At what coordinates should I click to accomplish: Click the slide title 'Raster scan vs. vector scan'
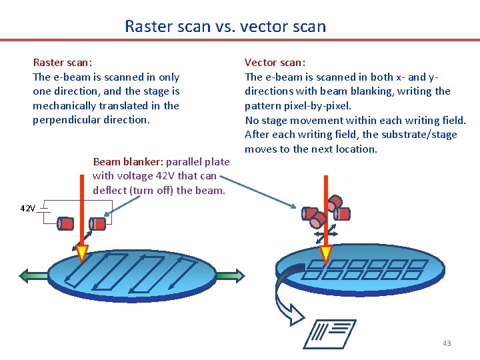point(225,27)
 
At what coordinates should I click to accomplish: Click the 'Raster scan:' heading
point(63,63)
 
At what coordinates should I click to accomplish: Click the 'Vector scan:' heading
point(275,63)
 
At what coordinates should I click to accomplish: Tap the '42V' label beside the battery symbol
point(27,209)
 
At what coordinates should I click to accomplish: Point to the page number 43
point(447,343)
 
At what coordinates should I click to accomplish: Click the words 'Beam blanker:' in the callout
point(128,162)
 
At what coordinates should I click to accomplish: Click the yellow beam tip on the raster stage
point(82,252)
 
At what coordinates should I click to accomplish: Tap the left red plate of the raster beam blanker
point(67,223)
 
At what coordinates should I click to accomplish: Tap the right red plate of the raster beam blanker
point(98,223)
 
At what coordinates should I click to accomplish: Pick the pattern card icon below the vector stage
point(330,334)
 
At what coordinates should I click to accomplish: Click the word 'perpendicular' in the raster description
point(64,120)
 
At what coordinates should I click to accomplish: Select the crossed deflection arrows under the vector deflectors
point(326,233)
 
